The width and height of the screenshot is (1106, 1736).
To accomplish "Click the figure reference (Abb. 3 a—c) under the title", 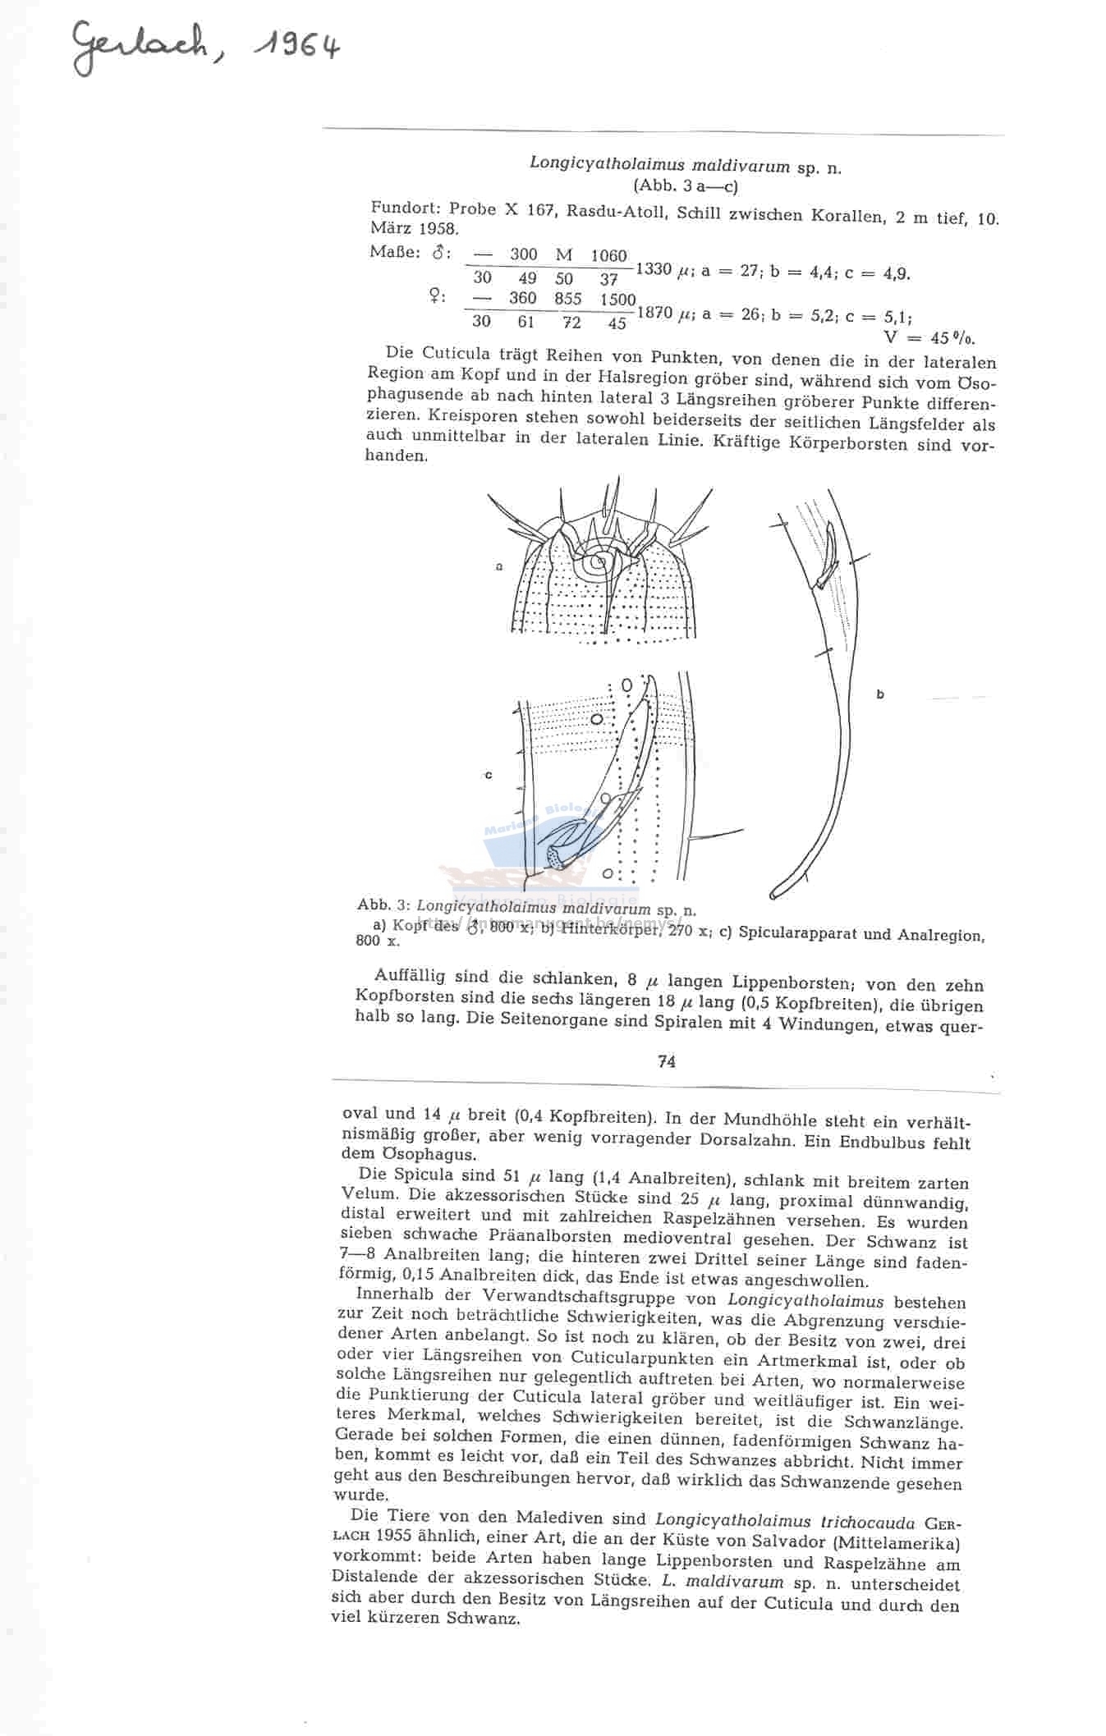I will tap(686, 186).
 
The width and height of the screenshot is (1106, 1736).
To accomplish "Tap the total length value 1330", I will tap(654, 268).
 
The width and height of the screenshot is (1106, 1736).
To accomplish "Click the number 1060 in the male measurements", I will tap(608, 255).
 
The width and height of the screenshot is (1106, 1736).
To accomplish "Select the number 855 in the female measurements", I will tap(567, 299).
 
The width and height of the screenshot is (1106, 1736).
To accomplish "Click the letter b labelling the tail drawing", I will tap(880, 694).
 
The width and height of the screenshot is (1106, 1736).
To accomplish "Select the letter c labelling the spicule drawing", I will tap(489, 775).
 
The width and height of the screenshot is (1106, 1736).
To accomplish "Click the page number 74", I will tap(666, 1061).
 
